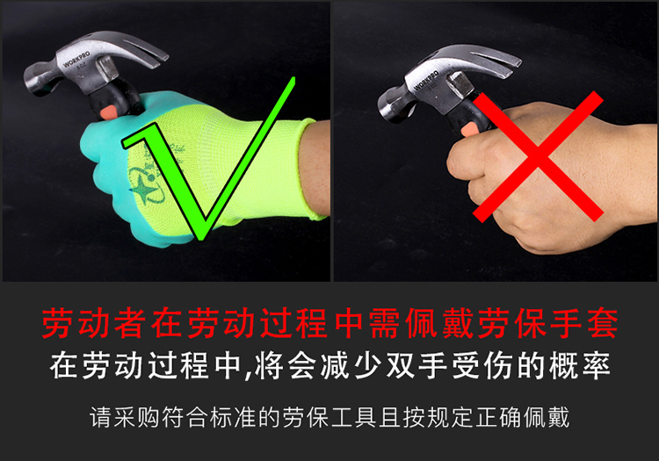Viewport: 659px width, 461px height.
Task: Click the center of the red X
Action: tap(538, 156)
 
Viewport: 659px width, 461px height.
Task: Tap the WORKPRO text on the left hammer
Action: tap(76, 59)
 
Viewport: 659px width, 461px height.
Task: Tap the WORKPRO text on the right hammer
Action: tap(426, 80)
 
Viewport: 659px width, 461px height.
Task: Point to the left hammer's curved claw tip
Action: tap(165, 57)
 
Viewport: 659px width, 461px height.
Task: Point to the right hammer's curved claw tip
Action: tap(518, 63)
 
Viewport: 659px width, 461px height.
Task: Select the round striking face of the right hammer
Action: tap(386, 107)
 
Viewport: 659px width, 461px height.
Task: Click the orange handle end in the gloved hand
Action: tap(109, 112)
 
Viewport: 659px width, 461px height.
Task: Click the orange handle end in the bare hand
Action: tap(469, 130)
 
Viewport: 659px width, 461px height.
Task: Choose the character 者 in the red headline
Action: tap(130, 323)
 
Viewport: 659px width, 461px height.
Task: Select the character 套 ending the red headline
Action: tap(603, 323)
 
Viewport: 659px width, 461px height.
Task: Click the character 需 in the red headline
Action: tap(386, 323)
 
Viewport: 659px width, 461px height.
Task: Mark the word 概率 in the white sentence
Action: tap(580, 365)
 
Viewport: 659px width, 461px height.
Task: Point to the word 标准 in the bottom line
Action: tap(233, 417)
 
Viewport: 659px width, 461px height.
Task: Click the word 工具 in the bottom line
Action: tap(354, 417)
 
